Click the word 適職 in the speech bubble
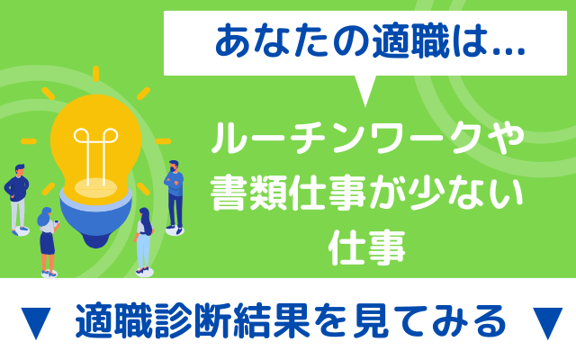coord(410,41)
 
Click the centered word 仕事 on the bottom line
coord(366,248)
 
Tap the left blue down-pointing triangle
coord(36,323)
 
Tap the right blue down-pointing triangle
coord(547,323)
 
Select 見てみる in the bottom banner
coord(429,320)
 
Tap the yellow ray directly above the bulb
coord(96,74)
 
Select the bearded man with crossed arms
coord(175,197)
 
